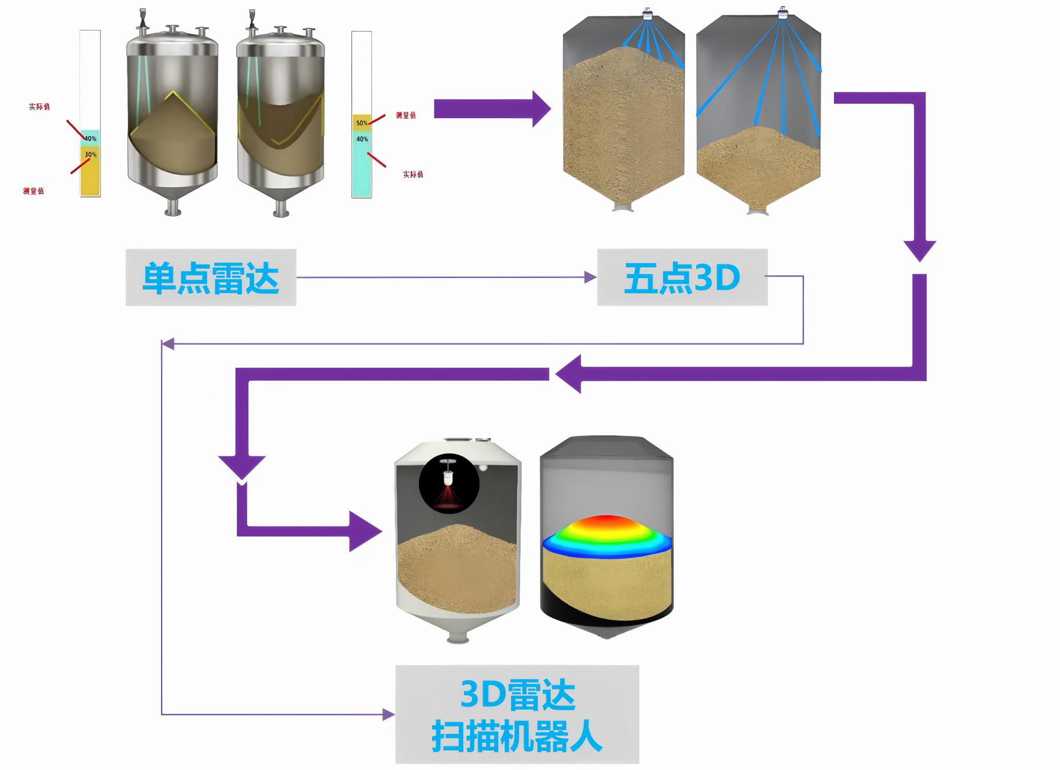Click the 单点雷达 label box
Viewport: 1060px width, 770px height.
[x=211, y=277]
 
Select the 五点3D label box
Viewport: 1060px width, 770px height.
[x=682, y=277]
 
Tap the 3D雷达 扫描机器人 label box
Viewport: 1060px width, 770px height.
[x=517, y=714]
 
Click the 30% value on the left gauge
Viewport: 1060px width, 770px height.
[x=91, y=155]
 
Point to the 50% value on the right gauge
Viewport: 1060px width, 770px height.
[x=361, y=123]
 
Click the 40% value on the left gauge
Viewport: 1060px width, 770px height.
[x=91, y=138]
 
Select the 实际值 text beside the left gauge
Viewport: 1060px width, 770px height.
[x=39, y=107]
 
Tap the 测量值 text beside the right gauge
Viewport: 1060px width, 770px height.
[x=406, y=116]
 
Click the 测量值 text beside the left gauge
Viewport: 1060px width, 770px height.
[x=34, y=191]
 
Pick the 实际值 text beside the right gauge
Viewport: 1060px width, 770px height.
[x=413, y=175]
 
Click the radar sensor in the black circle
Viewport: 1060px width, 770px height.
[x=449, y=477]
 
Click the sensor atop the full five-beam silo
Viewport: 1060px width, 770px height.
[x=647, y=14]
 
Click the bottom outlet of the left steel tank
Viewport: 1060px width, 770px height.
[x=172, y=209]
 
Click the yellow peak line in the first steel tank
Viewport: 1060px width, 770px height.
[x=172, y=93]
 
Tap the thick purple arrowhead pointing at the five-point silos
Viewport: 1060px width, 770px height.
[x=541, y=109]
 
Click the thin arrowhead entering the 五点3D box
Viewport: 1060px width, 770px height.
[x=590, y=277]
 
